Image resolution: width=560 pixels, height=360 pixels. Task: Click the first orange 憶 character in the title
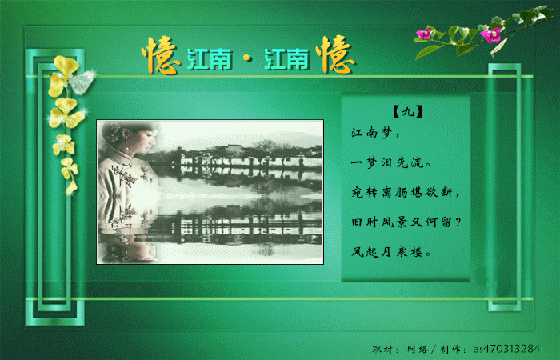coord(161,55)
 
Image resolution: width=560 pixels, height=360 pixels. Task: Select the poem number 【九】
coord(407,112)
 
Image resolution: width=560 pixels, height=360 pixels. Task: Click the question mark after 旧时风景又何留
coord(458,222)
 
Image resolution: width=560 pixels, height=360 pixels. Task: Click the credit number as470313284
coord(506,349)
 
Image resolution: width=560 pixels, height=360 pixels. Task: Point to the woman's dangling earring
coord(127,145)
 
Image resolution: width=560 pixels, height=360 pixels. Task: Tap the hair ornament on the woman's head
coord(114,132)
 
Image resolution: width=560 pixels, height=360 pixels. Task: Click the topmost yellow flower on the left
coord(63,76)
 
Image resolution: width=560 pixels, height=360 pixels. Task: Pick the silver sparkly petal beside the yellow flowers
coord(82,82)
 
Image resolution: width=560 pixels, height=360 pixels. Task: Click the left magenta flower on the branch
coord(424,34)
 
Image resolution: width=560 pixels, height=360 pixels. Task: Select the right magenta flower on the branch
coord(490,35)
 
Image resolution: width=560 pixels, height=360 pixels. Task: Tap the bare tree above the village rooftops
coord(267,146)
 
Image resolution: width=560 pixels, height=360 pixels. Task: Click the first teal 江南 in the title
coord(210,59)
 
